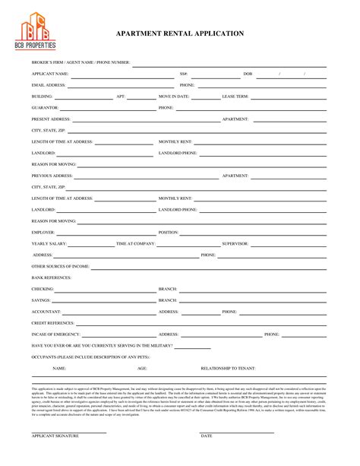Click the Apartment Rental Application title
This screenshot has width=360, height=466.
click(x=179, y=34)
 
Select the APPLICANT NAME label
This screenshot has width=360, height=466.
click(x=50, y=74)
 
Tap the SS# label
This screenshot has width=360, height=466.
click(x=184, y=74)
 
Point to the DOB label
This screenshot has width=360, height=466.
click(x=247, y=74)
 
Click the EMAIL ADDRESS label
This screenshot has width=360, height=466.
click(x=48, y=85)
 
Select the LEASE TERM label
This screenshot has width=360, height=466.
click(x=235, y=97)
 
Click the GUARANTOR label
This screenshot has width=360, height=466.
click(x=44, y=108)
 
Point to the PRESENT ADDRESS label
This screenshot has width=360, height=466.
click(x=51, y=119)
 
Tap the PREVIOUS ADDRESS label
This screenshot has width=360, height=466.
click(x=52, y=176)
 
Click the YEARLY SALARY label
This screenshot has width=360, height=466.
click(x=49, y=243)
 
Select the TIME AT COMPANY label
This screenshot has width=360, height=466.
click(x=135, y=243)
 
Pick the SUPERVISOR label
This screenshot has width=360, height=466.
click(x=235, y=243)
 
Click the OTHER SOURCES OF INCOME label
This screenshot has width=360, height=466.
click(x=61, y=267)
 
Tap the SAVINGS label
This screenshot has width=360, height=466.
click(x=42, y=300)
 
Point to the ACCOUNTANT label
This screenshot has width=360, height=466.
click(x=46, y=312)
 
